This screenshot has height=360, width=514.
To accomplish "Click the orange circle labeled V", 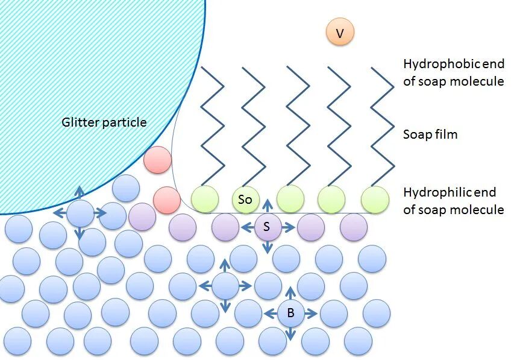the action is point(340,33).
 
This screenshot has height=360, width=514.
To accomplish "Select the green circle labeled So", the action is point(245,199).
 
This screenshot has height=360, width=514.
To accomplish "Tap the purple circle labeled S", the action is point(267,227).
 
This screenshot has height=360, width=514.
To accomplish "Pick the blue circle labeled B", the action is point(290,313).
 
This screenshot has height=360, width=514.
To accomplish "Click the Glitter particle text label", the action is point(104,122).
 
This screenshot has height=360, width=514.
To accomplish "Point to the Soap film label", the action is point(430,134).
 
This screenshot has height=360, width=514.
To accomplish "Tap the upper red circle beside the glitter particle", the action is point(157,161).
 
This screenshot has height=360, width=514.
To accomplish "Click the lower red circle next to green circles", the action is point(167,200).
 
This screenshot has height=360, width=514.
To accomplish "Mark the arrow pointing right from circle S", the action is point(288,227).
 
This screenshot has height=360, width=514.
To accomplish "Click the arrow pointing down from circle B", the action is point(290,333).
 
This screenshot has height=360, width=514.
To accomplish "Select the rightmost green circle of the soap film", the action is point(375,199).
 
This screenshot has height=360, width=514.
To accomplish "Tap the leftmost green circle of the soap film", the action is point(205,199).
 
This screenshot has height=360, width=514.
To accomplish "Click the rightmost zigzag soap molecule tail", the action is point(382,127).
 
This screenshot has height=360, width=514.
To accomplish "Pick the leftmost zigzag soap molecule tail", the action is point(212,127).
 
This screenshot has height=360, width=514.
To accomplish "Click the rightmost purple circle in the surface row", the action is point(353,227).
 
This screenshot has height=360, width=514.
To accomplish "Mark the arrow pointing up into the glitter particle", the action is point(80,193).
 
